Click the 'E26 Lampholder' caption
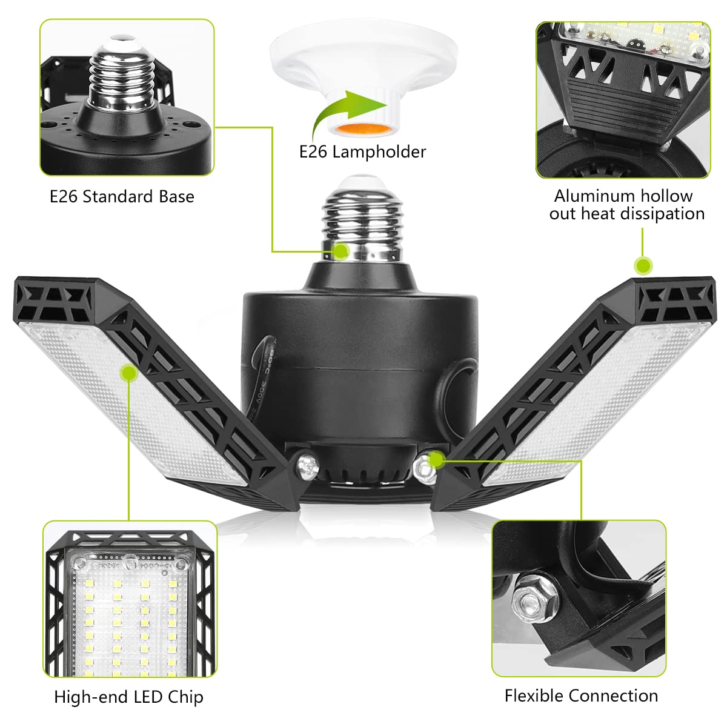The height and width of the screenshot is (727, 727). point(362,151)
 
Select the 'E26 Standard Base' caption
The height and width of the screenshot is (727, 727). point(122,196)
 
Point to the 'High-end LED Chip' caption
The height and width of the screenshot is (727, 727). point(128,697)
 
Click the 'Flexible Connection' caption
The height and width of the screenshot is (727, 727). point(581,695)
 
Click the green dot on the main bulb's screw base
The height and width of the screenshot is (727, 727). point(341,251)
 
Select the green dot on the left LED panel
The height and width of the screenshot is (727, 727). point(128,373)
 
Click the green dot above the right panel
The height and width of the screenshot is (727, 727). point(643,265)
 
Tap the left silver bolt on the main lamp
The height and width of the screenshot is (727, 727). point(307,466)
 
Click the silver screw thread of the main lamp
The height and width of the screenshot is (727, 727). point(362,224)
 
